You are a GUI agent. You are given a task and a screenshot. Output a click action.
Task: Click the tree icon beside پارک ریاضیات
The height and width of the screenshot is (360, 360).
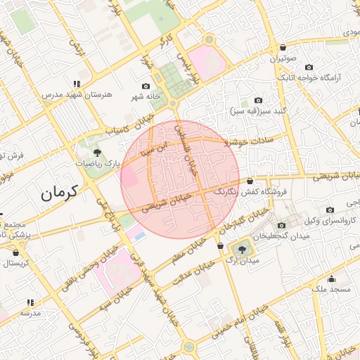coord(97,152)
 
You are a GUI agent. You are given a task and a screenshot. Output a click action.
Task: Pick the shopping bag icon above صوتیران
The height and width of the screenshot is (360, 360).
coord(283,48)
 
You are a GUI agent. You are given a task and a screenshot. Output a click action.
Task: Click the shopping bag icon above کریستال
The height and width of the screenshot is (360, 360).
coord(16,252)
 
